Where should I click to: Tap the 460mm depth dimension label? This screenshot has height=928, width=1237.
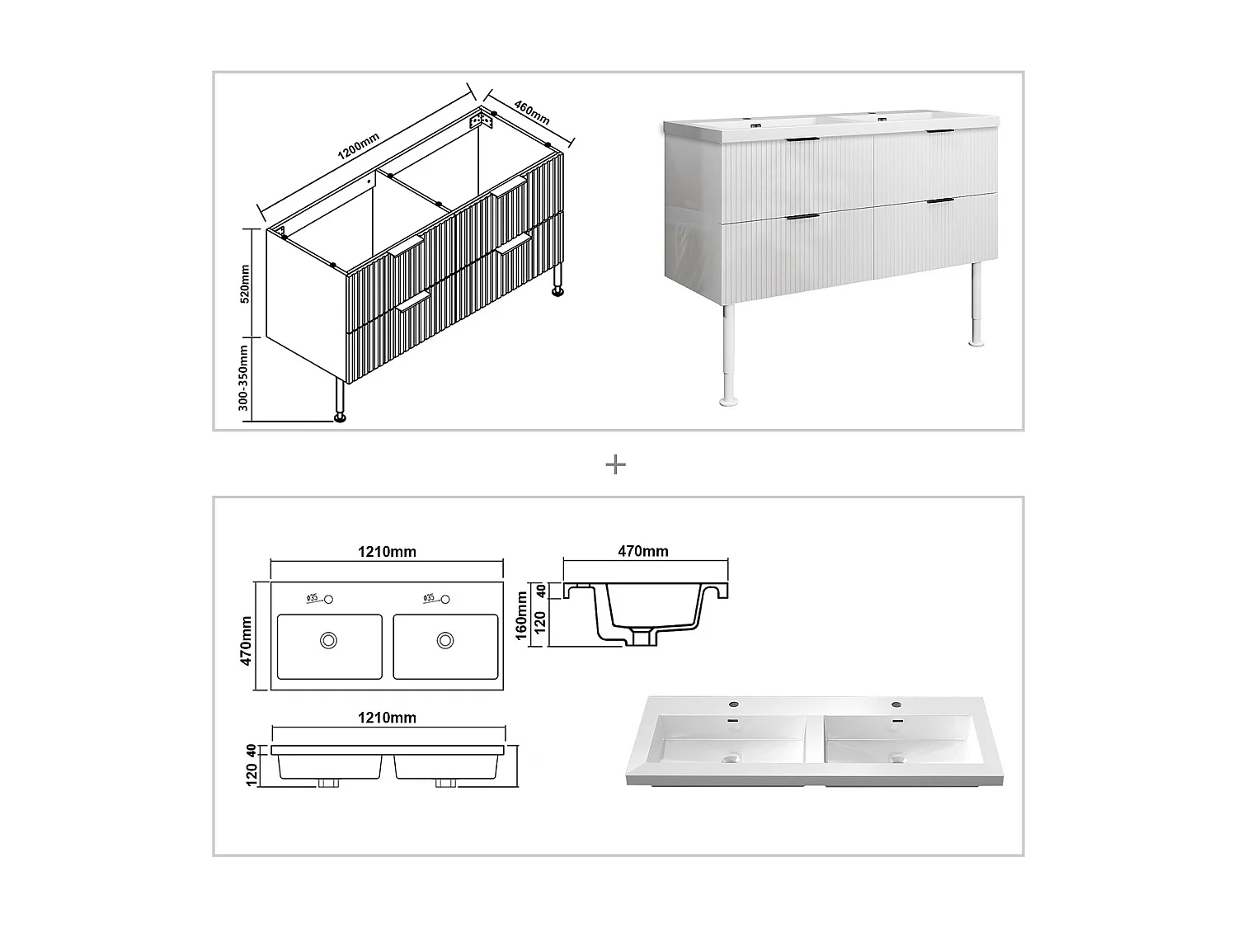532,112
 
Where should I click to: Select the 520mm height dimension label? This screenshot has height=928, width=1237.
245,284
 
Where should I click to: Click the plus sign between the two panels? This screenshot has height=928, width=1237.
615,465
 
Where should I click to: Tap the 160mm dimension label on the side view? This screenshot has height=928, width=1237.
521,616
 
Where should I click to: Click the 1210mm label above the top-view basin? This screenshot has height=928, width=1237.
387,552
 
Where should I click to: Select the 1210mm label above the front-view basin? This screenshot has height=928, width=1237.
387,718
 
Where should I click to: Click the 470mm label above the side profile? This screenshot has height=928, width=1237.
643,551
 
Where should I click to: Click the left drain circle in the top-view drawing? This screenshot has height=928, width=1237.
329,639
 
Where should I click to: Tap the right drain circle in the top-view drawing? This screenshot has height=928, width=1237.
445,639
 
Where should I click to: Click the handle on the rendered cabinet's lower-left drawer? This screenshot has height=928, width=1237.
802,217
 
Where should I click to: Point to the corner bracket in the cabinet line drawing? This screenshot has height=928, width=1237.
482,120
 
